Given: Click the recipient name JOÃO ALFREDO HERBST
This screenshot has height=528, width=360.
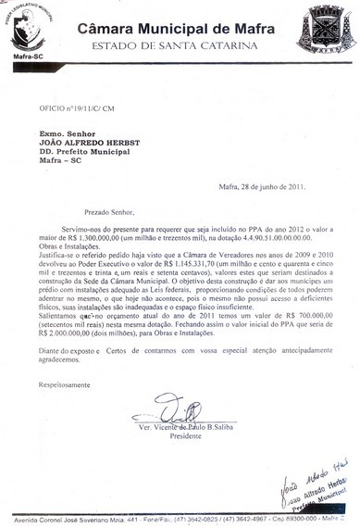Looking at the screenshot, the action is [86, 142].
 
